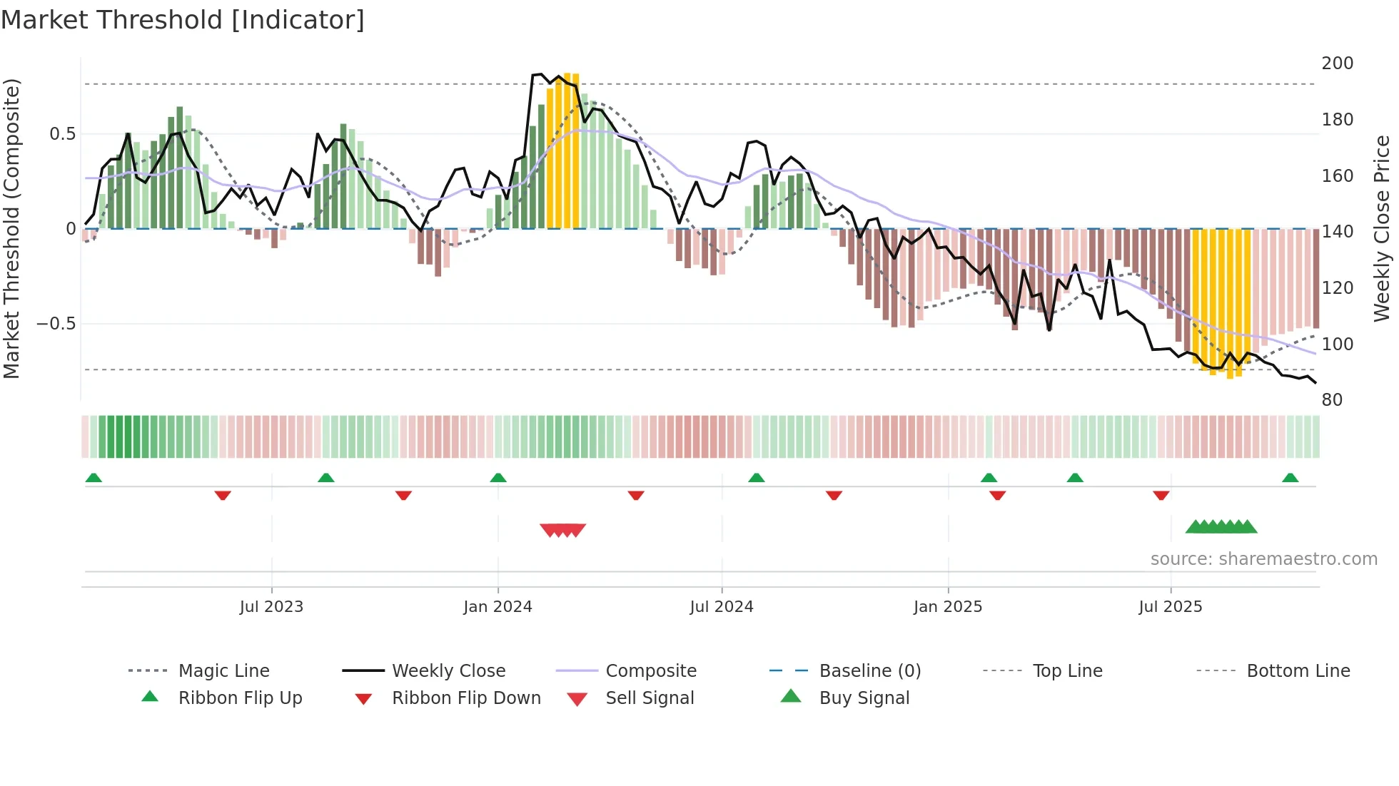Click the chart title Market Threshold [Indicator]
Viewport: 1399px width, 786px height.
(x=183, y=20)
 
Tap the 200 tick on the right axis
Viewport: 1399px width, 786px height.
(x=1337, y=63)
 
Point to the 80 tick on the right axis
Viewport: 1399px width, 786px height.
(x=1332, y=400)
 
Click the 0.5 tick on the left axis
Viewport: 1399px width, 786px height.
(x=62, y=134)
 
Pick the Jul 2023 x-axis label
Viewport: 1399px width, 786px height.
(x=271, y=607)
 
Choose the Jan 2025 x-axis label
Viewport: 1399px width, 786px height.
(x=947, y=607)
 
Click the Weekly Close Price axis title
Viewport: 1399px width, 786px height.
(x=1382, y=228)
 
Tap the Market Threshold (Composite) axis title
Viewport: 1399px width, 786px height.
(x=11, y=228)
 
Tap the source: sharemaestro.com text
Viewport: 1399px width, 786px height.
(x=1263, y=559)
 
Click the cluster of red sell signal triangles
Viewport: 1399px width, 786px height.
(x=562, y=530)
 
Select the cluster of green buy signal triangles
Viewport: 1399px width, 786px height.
(x=1221, y=527)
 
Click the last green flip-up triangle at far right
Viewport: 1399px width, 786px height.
(x=1290, y=478)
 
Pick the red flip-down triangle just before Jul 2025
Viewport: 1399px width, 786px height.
(x=1161, y=495)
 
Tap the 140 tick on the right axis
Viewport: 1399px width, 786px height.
(x=1337, y=232)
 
